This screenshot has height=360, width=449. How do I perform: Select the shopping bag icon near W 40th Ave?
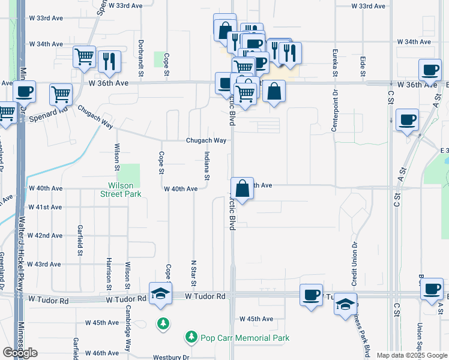click(x=241, y=188)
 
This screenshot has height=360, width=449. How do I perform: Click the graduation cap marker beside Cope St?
click(x=160, y=294)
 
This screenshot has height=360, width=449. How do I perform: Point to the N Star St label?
click(x=193, y=273)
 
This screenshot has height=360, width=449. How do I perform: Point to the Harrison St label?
click(x=109, y=270)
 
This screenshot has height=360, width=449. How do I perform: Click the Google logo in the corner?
click(x=20, y=353)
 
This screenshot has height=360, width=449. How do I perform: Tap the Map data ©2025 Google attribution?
click(x=412, y=355)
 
